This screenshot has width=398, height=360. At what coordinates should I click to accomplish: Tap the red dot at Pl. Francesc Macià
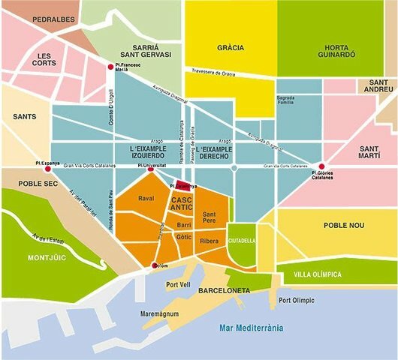click(x=111, y=67)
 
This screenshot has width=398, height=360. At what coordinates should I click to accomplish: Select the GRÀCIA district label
click(x=231, y=48)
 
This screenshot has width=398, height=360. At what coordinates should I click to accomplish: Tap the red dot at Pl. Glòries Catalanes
click(x=322, y=166)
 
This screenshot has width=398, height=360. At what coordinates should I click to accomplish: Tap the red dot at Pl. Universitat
click(x=151, y=169)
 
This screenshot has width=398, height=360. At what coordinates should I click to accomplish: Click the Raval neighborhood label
click(x=146, y=199)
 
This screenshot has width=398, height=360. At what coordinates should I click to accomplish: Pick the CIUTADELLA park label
click(x=241, y=241)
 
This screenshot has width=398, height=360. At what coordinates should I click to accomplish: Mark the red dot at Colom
click(x=155, y=265)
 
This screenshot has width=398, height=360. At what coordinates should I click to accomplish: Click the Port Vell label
click(x=178, y=284)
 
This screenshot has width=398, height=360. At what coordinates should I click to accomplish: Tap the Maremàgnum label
click(x=158, y=315)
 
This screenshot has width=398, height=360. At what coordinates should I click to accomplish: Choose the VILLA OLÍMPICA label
click(x=318, y=274)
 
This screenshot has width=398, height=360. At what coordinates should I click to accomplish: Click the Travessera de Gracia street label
click(x=224, y=73)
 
